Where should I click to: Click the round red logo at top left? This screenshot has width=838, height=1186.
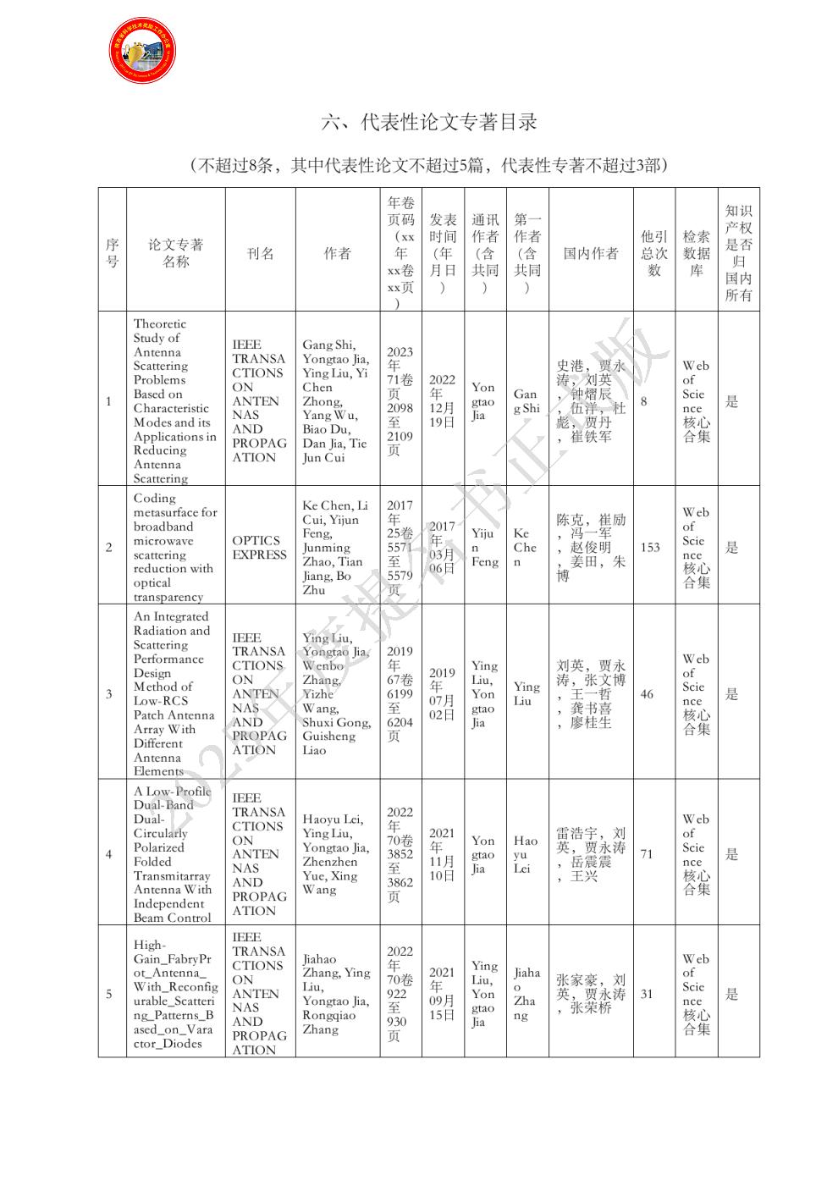(x=142, y=51)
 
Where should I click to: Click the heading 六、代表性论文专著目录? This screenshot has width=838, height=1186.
(x=429, y=122)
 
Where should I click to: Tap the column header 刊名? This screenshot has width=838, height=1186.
(x=260, y=253)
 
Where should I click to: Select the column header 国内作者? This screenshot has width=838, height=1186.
(x=591, y=253)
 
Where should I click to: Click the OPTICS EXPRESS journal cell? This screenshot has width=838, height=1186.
(x=260, y=548)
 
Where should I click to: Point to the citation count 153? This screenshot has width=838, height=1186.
(x=650, y=548)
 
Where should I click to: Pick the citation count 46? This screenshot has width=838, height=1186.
(x=647, y=694)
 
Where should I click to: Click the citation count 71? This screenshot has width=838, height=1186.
(x=647, y=854)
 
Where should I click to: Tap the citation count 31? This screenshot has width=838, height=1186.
(x=647, y=994)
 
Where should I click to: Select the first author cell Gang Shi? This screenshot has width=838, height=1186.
(x=526, y=401)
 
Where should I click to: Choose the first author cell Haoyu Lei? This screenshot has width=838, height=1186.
(x=525, y=854)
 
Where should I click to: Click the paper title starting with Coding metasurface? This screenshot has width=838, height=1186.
(x=174, y=548)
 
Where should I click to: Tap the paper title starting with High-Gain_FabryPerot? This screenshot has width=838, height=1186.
(x=174, y=994)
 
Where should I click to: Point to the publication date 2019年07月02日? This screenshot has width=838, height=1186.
(x=442, y=694)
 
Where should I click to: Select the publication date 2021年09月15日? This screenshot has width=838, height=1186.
(x=442, y=994)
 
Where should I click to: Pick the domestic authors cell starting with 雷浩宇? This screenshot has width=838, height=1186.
(x=591, y=854)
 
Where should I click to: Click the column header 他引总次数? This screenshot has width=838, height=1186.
(x=653, y=253)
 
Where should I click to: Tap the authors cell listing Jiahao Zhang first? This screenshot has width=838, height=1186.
(x=336, y=994)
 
